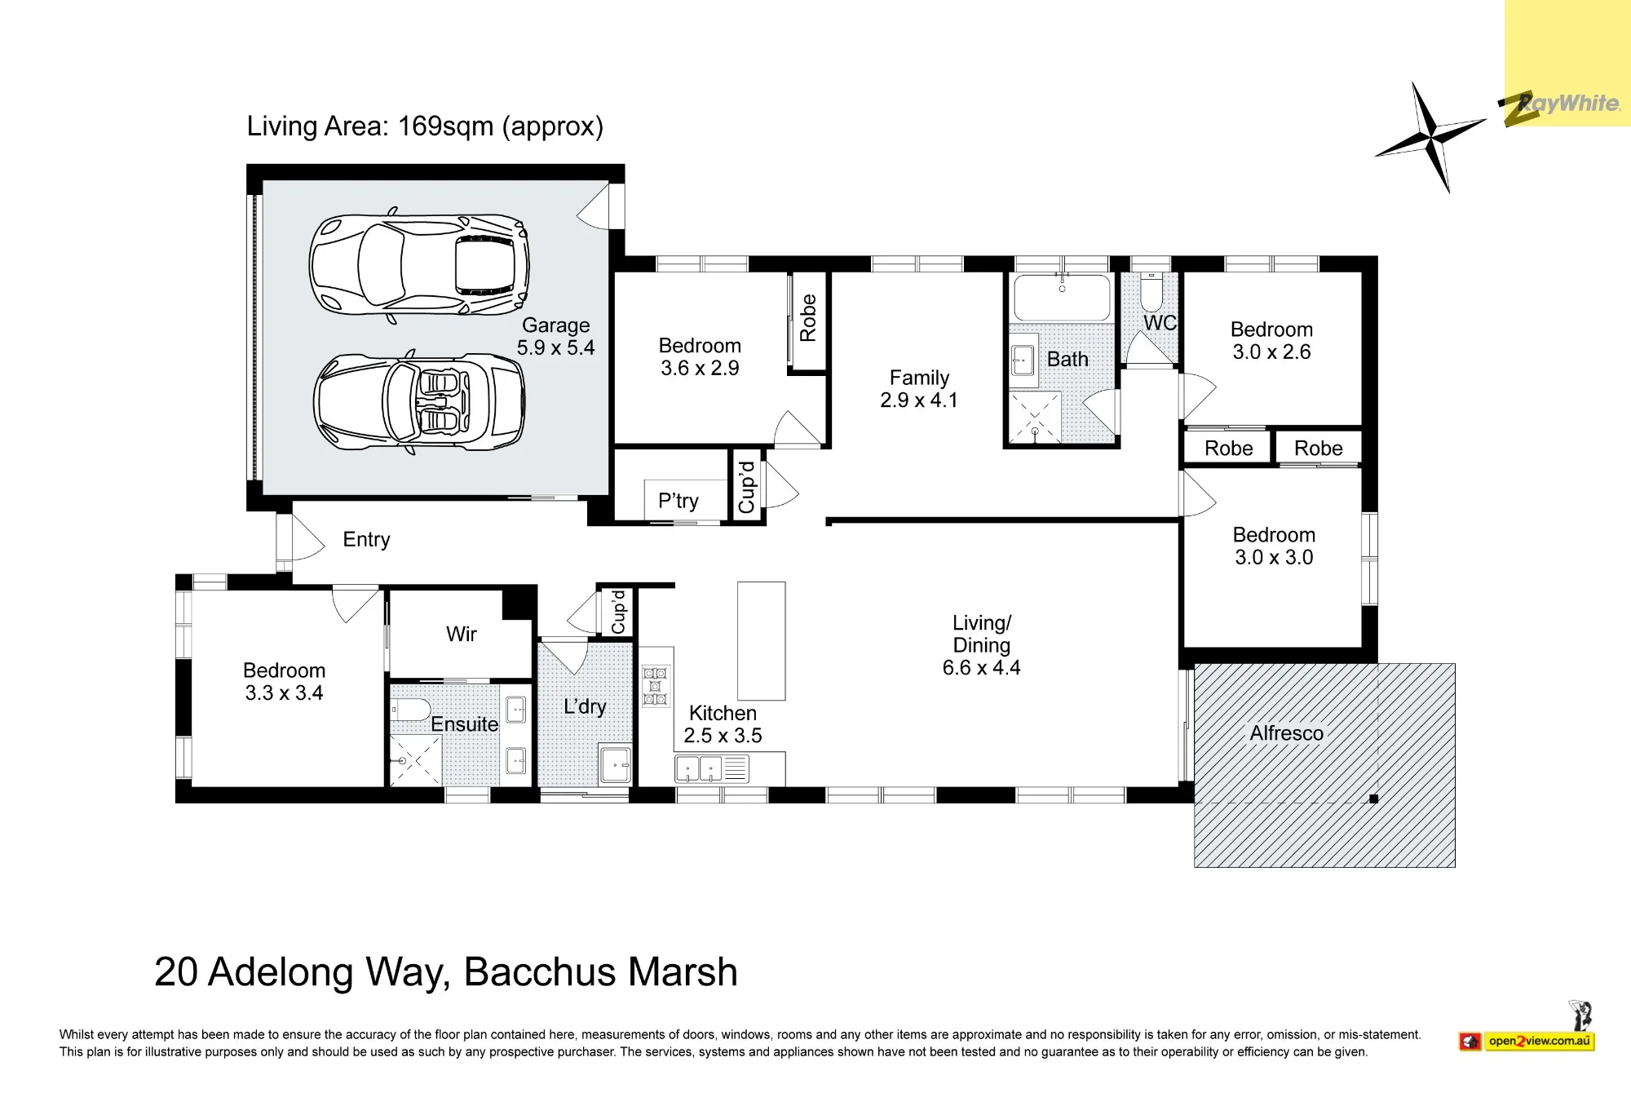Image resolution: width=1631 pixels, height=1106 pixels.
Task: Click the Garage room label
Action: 555,325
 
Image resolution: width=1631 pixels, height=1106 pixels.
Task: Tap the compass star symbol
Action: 1431,137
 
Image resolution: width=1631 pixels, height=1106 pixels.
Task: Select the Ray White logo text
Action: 1568,104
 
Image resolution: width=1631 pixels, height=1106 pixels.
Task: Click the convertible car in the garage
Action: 419,402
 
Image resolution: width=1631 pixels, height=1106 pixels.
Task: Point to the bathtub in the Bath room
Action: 1061,298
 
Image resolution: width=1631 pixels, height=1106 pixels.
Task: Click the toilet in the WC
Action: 1151,290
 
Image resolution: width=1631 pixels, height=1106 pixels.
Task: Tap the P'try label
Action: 678,501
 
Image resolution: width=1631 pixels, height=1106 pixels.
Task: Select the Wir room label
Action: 461,634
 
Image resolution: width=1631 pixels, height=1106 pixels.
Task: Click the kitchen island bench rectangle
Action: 761,641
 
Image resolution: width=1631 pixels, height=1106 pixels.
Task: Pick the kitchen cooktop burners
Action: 655,686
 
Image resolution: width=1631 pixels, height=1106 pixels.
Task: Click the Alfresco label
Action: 1286,733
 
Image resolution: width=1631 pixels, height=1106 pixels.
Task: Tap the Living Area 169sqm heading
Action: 425,126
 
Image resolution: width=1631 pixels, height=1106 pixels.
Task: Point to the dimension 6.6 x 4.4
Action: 981,668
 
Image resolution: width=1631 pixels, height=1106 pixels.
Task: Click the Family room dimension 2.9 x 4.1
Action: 919,400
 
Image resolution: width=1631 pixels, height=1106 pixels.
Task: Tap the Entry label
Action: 366,540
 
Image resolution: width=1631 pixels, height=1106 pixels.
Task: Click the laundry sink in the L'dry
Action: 615,764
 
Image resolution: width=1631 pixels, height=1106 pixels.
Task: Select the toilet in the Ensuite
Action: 410,710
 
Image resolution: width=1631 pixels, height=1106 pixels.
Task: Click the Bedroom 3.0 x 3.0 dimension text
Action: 1274,558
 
